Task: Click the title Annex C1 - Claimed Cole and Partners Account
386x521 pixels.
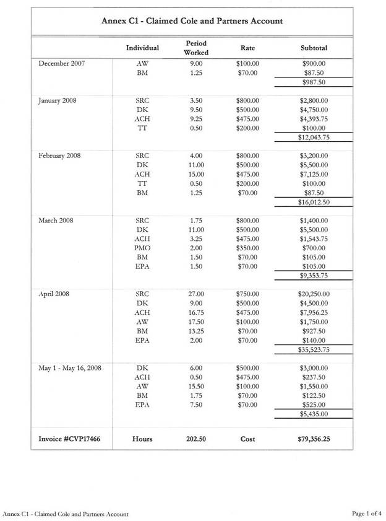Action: click(x=192, y=21)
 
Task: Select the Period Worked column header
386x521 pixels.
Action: click(x=195, y=48)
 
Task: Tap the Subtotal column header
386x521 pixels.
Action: click(x=314, y=48)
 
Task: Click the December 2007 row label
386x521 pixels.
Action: click(x=62, y=63)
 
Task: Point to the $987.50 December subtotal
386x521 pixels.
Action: click(x=314, y=82)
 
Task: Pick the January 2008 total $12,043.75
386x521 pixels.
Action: click(x=313, y=138)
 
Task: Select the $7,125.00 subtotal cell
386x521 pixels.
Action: click(x=314, y=174)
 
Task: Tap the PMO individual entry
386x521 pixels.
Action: click(x=142, y=248)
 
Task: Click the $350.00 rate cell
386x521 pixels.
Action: click(x=247, y=248)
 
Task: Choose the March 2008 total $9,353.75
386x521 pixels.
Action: click(x=314, y=276)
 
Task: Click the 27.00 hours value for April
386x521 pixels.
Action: click(x=197, y=294)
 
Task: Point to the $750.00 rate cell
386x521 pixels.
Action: click(x=247, y=294)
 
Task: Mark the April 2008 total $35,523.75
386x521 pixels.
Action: click(x=313, y=349)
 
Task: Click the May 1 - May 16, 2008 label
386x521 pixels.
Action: click(x=69, y=368)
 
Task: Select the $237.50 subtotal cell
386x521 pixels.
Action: click(x=314, y=377)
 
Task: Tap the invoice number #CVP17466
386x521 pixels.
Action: click(x=65, y=439)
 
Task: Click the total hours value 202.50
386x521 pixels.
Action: click(x=196, y=439)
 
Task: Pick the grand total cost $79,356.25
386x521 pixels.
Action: click(x=313, y=439)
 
